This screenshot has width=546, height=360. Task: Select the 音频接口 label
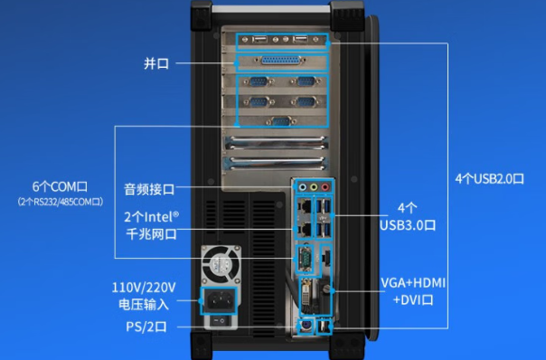tap(149, 189)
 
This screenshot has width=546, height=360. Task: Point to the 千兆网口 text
tap(149, 234)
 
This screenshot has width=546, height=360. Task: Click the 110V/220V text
tap(144, 287)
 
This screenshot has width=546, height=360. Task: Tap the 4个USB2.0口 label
tap(489, 178)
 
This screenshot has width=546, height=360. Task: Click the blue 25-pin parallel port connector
tap(280, 62)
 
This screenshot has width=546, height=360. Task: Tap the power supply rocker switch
tap(218, 320)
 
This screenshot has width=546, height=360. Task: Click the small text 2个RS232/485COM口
tap(61, 201)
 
